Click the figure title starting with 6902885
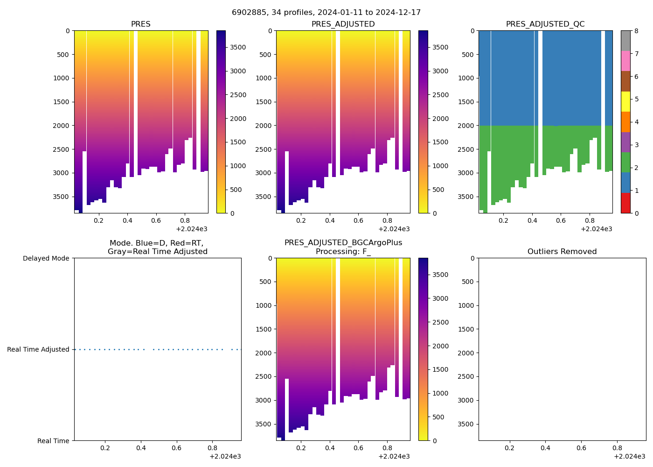326,13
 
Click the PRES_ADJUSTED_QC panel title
545,24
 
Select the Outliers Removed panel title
562,252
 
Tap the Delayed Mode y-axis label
46,258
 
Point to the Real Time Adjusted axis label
38,349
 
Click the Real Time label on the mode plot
53,441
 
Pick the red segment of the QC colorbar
625,203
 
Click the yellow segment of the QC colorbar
625,102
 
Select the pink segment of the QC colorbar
625,61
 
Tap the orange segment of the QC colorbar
625,122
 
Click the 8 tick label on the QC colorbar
636,31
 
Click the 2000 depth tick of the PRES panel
62,126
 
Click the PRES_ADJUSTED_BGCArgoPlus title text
343,243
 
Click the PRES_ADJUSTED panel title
343,24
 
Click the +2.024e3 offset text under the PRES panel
192,229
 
